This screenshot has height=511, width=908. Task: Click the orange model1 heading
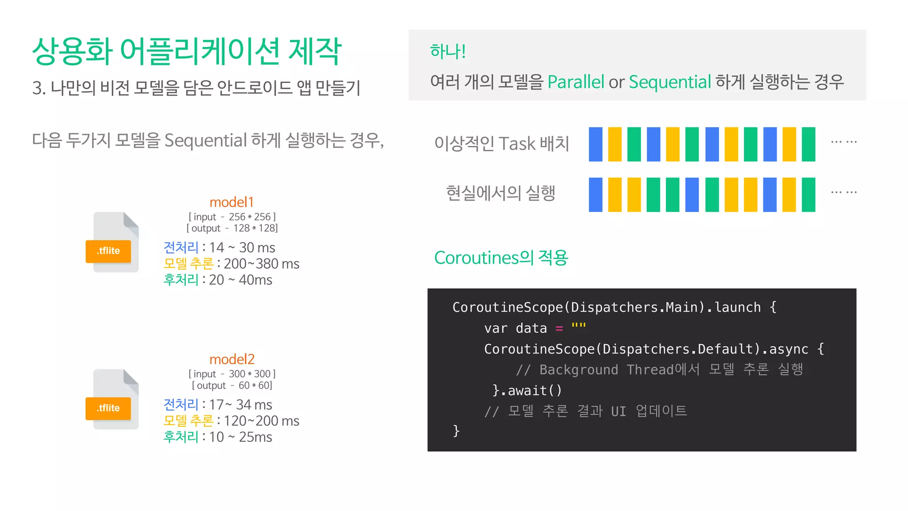click(231, 202)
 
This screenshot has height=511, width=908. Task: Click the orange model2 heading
click(232, 359)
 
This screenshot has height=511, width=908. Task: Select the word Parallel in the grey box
click(575, 82)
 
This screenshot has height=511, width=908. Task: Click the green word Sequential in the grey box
click(669, 82)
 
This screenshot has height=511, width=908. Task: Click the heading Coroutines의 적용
click(501, 258)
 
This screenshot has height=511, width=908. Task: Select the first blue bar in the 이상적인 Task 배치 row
click(595, 144)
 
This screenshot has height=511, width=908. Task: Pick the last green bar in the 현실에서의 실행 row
click(808, 195)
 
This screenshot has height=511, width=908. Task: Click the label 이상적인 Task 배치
click(501, 144)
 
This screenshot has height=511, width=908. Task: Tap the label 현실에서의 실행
click(501, 193)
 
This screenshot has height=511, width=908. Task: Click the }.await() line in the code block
click(527, 390)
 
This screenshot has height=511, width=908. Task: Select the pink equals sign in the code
click(559, 329)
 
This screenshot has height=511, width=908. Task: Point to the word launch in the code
click(737, 307)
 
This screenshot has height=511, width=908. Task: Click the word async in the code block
click(788, 349)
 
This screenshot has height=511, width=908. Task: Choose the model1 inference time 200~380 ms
click(262, 264)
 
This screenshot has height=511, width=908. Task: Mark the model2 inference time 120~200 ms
click(262, 421)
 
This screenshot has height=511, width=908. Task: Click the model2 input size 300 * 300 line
click(232, 374)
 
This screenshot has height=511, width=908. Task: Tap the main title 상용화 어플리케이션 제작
click(187, 51)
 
